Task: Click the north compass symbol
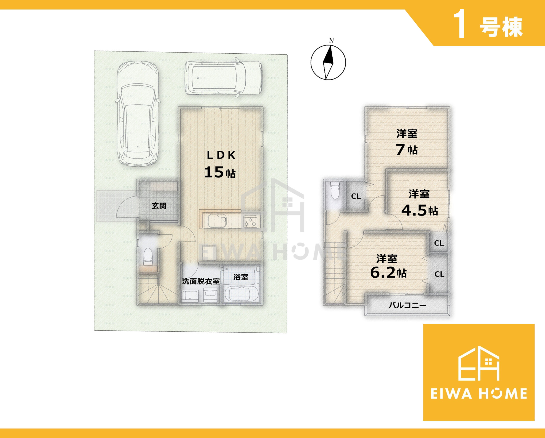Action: [x=328, y=62]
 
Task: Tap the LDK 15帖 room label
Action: [x=220, y=164]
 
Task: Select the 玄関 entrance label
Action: [x=159, y=206]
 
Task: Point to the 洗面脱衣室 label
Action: [x=201, y=281]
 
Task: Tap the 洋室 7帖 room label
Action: [x=407, y=142]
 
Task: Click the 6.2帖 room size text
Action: [x=388, y=272]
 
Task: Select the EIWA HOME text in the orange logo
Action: [x=479, y=394]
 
